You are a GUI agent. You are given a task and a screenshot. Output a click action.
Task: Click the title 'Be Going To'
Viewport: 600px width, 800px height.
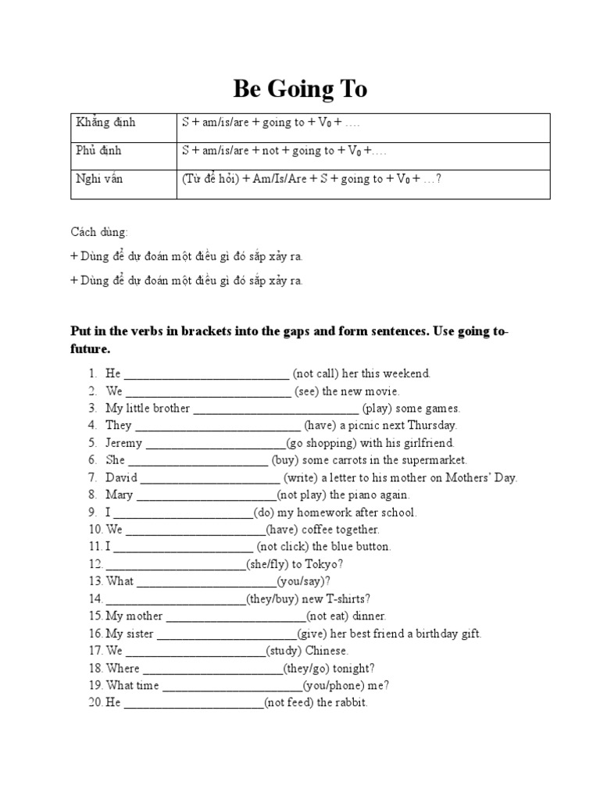(299, 90)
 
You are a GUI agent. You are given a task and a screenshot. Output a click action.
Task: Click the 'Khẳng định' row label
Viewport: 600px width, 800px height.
(105, 123)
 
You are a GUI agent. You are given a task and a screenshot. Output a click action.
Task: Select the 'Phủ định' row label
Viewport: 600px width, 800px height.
(99, 151)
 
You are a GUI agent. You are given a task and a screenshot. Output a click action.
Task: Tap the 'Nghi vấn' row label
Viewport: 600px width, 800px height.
(99, 179)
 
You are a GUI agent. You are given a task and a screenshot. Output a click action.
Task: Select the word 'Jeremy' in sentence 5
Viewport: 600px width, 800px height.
(124, 443)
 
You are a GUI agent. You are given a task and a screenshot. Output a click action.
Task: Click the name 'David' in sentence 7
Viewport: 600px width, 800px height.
(122, 477)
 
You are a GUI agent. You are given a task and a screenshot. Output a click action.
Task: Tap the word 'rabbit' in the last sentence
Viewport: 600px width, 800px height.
(349, 702)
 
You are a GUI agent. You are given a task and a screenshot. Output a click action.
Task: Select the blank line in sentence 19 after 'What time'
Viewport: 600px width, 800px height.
(232, 687)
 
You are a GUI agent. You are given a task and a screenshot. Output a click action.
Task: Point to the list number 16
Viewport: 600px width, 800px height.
(95, 634)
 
